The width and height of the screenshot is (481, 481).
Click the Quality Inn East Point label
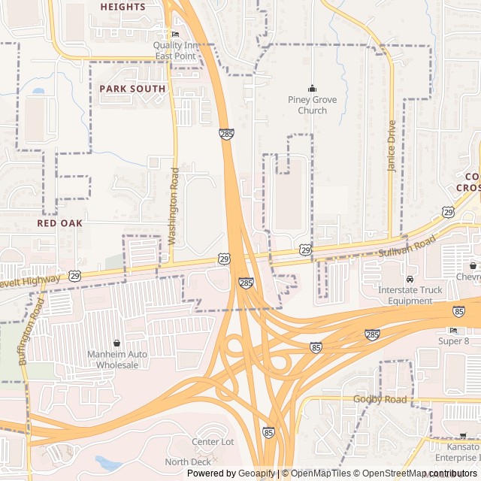pos(174,50)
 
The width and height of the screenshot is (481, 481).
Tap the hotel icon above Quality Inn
pos(176,35)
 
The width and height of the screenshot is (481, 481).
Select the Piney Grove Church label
pos(312,105)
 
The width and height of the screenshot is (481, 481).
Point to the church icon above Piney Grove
pos(313,89)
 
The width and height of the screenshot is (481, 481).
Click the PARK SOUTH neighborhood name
pos(132,89)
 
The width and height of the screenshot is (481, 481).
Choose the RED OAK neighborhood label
pos(60,223)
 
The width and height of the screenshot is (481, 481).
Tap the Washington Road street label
pos(174,206)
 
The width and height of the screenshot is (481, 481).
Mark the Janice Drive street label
pos(392,147)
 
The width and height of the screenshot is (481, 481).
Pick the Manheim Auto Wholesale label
pos(117,359)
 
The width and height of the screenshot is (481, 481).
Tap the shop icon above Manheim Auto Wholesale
pos(116,343)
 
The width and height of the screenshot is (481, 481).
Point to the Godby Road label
pos(380,399)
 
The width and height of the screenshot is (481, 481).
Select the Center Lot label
pos(213,442)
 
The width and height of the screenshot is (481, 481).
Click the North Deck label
pos(189,461)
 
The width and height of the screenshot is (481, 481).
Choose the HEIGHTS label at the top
pos(123,7)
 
